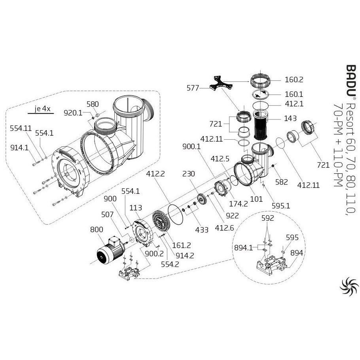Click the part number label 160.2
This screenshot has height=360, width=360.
pos(294,80)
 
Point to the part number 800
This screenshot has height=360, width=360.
pos(97,229)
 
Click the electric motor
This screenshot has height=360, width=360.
pos(109,251)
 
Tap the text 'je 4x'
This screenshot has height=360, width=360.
pos(43,110)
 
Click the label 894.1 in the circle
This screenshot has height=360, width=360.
pos(243,248)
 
